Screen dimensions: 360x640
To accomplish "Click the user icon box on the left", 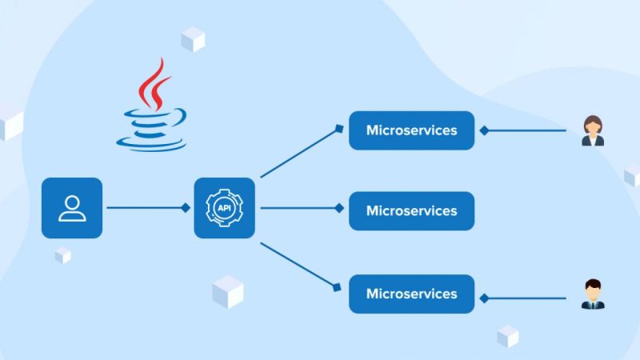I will click(x=72, y=208).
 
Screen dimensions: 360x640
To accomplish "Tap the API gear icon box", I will click(x=224, y=208).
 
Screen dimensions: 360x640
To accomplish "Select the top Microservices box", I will click(x=411, y=130).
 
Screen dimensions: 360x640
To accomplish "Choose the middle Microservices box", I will click(x=411, y=211).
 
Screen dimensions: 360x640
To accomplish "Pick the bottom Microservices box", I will click(x=411, y=294).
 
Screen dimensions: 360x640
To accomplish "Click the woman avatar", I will click(x=593, y=131).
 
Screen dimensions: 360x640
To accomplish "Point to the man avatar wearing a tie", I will click(x=593, y=294).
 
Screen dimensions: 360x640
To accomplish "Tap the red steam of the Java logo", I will click(x=152, y=88).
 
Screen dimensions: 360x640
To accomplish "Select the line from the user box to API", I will click(x=144, y=208).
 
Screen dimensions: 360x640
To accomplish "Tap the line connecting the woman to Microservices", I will click(x=528, y=130).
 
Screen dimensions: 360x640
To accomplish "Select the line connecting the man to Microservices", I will click(x=528, y=298).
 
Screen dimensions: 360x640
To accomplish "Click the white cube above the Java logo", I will click(x=193, y=38).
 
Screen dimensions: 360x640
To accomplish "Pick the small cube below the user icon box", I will click(x=63, y=255).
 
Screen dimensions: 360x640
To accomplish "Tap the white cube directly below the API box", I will click(x=228, y=291).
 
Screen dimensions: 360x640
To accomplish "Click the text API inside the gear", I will click(x=224, y=208).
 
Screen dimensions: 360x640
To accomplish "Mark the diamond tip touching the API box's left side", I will click(x=186, y=208).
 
